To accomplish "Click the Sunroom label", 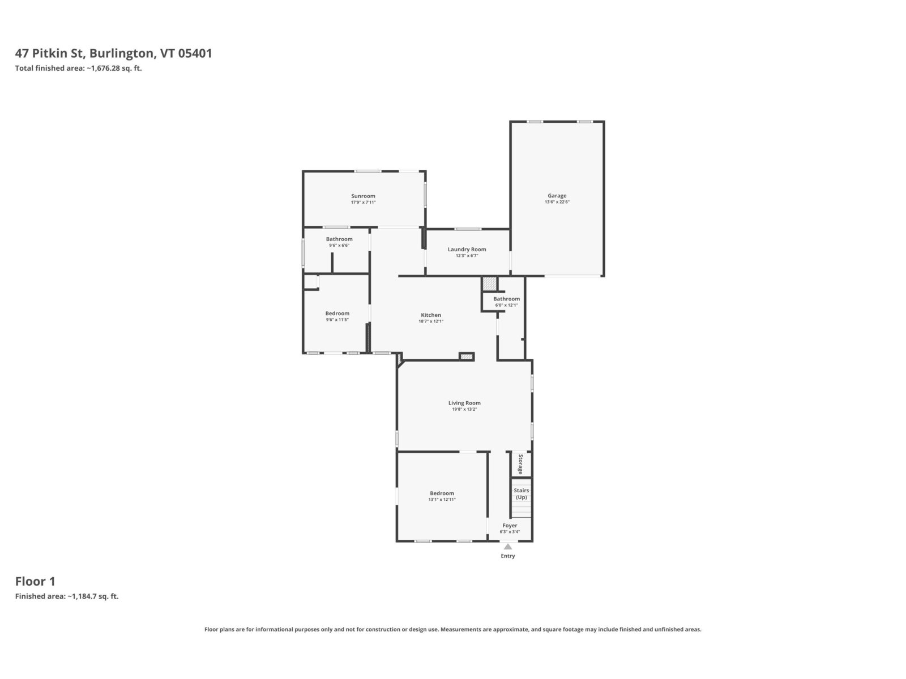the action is click(363, 196).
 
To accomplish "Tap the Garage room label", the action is click(557, 196).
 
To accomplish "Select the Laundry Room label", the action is click(467, 250).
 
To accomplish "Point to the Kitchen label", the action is click(431, 315).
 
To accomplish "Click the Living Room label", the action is click(464, 403).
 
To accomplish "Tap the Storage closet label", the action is click(521, 464).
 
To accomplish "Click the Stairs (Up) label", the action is click(522, 494).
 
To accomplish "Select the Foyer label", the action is click(510, 526).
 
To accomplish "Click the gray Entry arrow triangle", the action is click(508, 547).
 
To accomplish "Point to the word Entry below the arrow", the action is click(508, 556).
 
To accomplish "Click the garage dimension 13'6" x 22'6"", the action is click(557, 202).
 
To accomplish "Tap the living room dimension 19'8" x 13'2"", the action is click(464, 409).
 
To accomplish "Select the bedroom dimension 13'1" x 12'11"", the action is click(442, 500).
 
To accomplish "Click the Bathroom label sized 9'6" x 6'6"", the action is click(339, 239).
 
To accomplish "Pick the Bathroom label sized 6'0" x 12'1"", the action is click(506, 299).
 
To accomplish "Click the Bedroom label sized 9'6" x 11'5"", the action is click(337, 313).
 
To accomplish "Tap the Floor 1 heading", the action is click(35, 581).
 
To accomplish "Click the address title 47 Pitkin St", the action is click(49, 53).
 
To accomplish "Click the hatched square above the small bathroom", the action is click(490, 283).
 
